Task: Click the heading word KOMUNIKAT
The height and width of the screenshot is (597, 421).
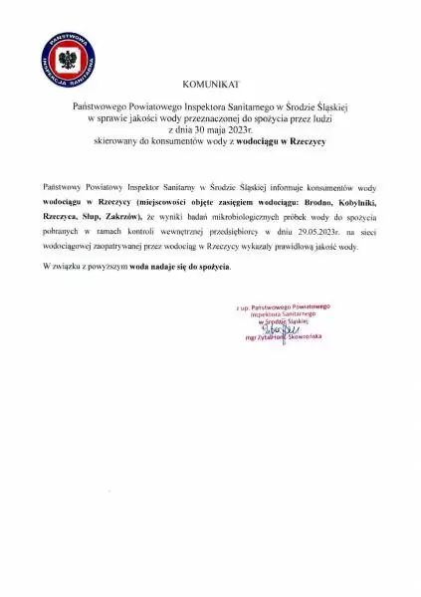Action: tap(210, 89)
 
